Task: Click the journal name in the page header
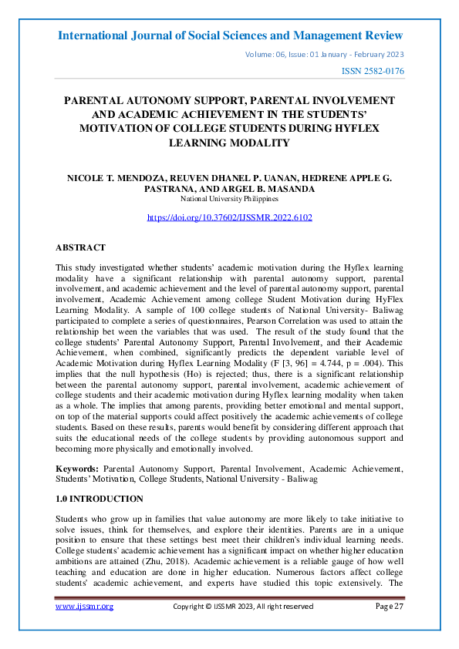(x=230, y=35)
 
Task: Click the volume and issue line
(x=323, y=54)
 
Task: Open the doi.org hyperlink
(x=229, y=217)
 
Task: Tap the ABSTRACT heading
(x=80, y=248)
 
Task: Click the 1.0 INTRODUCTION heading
(x=100, y=499)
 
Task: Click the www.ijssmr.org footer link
(x=85, y=607)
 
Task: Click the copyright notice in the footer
(x=242, y=607)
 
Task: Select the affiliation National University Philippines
(x=229, y=198)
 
